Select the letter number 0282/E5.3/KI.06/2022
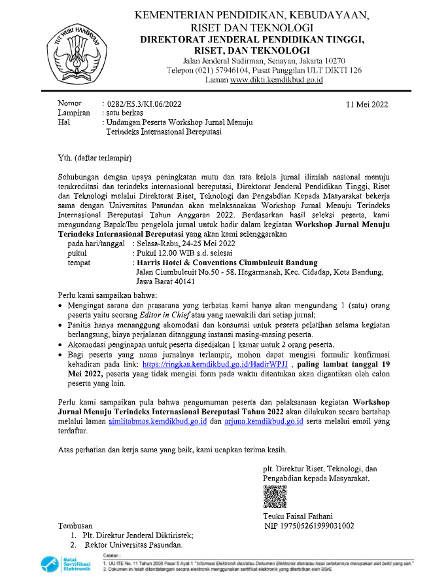[145, 104]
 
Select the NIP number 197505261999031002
[320, 526]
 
